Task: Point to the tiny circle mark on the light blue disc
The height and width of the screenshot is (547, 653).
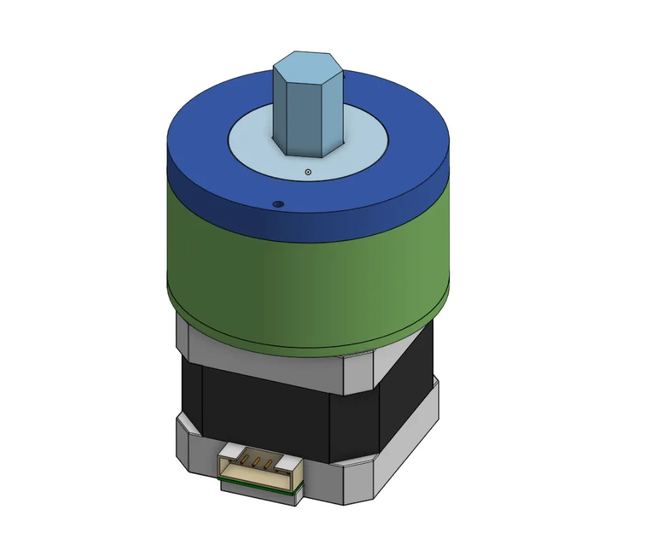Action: tap(307, 172)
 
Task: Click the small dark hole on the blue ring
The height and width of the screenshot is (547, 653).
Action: tap(276, 203)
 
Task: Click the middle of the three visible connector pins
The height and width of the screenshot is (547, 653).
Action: tap(257, 464)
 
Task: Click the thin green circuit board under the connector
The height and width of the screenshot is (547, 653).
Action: tap(258, 488)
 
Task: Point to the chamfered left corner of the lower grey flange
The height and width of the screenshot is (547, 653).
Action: tap(183, 434)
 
